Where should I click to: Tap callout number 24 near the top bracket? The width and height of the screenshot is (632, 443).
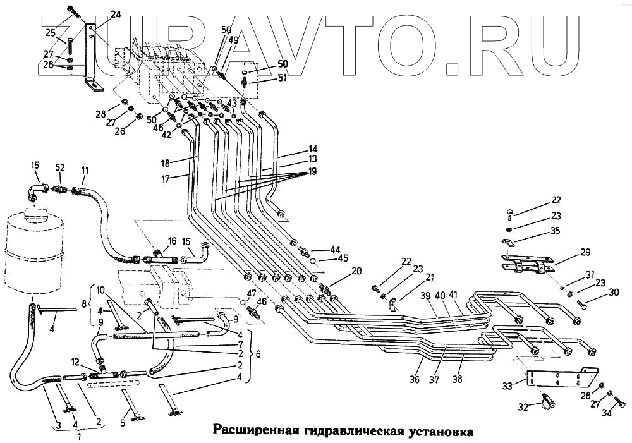[116, 15]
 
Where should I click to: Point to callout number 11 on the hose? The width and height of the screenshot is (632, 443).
[85, 171]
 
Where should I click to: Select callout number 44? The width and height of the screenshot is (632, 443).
[334, 249]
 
